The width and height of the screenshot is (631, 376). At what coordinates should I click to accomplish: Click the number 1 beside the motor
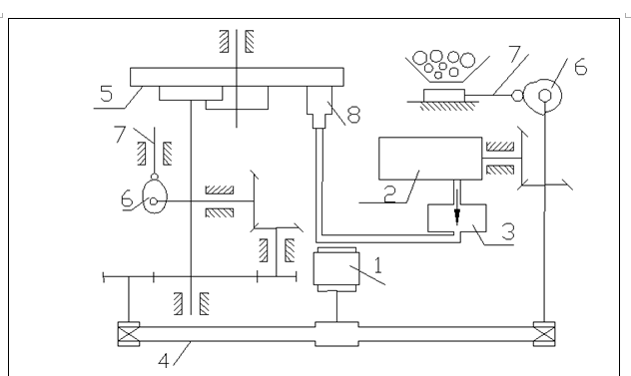(377, 265)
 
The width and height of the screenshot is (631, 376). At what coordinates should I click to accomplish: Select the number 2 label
(390, 194)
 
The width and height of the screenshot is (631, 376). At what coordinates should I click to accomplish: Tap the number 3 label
(508, 231)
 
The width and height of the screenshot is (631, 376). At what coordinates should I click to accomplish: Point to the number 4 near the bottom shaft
(164, 361)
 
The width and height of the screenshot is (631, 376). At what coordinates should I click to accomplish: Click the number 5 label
(106, 94)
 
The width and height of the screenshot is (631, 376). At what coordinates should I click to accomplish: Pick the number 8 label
(353, 115)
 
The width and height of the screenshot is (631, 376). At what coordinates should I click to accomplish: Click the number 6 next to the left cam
(127, 198)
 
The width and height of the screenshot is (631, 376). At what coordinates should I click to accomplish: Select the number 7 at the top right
(514, 54)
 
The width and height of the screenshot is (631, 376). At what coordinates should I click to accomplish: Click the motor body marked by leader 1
(336, 269)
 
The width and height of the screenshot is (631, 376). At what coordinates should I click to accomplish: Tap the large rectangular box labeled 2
(430, 159)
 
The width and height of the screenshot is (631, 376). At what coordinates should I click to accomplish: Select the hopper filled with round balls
(447, 66)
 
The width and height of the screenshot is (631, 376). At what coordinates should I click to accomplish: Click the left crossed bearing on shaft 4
(129, 334)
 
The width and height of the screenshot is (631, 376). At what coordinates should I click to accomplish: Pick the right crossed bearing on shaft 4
(544, 334)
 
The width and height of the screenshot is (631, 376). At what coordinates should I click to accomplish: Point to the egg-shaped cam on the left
(155, 196)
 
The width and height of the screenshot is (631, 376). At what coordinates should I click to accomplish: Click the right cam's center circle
(545, 96)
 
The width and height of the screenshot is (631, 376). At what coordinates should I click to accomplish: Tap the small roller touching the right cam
(517, 96)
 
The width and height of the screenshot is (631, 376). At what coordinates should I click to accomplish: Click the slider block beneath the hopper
(444, 96)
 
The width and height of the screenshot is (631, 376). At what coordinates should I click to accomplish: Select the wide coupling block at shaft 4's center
(336, 334)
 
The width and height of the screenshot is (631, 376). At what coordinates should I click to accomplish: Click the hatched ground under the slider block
(446, 106)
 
